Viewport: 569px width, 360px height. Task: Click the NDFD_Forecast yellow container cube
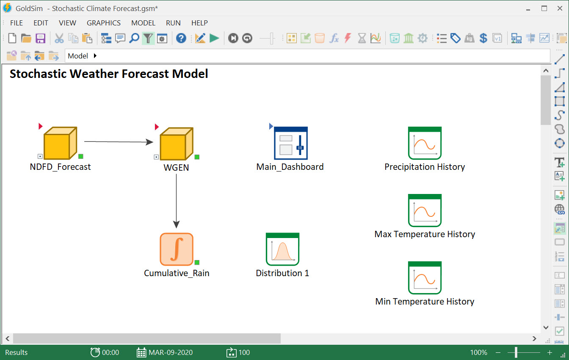coord(60,143)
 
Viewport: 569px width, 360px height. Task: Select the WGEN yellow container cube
coord(176,144)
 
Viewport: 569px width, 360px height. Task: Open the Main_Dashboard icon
coord(290,143)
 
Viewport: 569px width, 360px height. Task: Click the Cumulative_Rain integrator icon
coord(177,249)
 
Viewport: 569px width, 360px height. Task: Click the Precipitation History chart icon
coord(425,143)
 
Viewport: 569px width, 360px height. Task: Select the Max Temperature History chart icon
coord(425,210)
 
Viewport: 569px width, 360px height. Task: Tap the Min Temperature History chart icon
coord(425,278)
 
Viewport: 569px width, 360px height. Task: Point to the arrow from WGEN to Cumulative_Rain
coord(177,199)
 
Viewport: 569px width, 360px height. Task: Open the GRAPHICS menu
coord(104,23)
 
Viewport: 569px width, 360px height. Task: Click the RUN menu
coord(173,23)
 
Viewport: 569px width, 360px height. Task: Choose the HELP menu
coord(199,23)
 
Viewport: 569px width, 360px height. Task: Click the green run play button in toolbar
coord(215,39)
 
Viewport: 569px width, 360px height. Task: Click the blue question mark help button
coord(181,39)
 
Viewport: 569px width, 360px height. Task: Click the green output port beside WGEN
coord(197,157)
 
